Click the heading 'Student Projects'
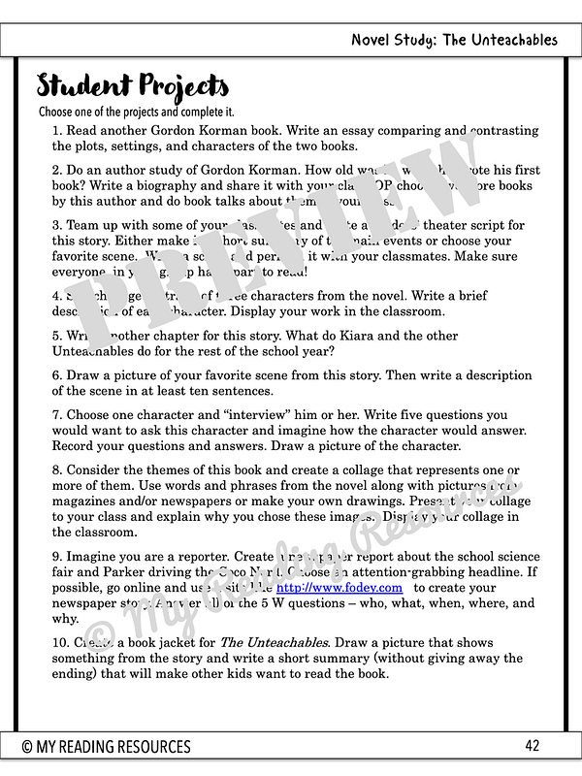coord(133,86)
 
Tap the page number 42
coord(532,745)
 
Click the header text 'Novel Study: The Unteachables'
coord(455,40)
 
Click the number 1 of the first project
coord(56,131)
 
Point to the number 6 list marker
coord(56,375)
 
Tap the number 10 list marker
coord(60,643)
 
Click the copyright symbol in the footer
coord(28,746)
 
